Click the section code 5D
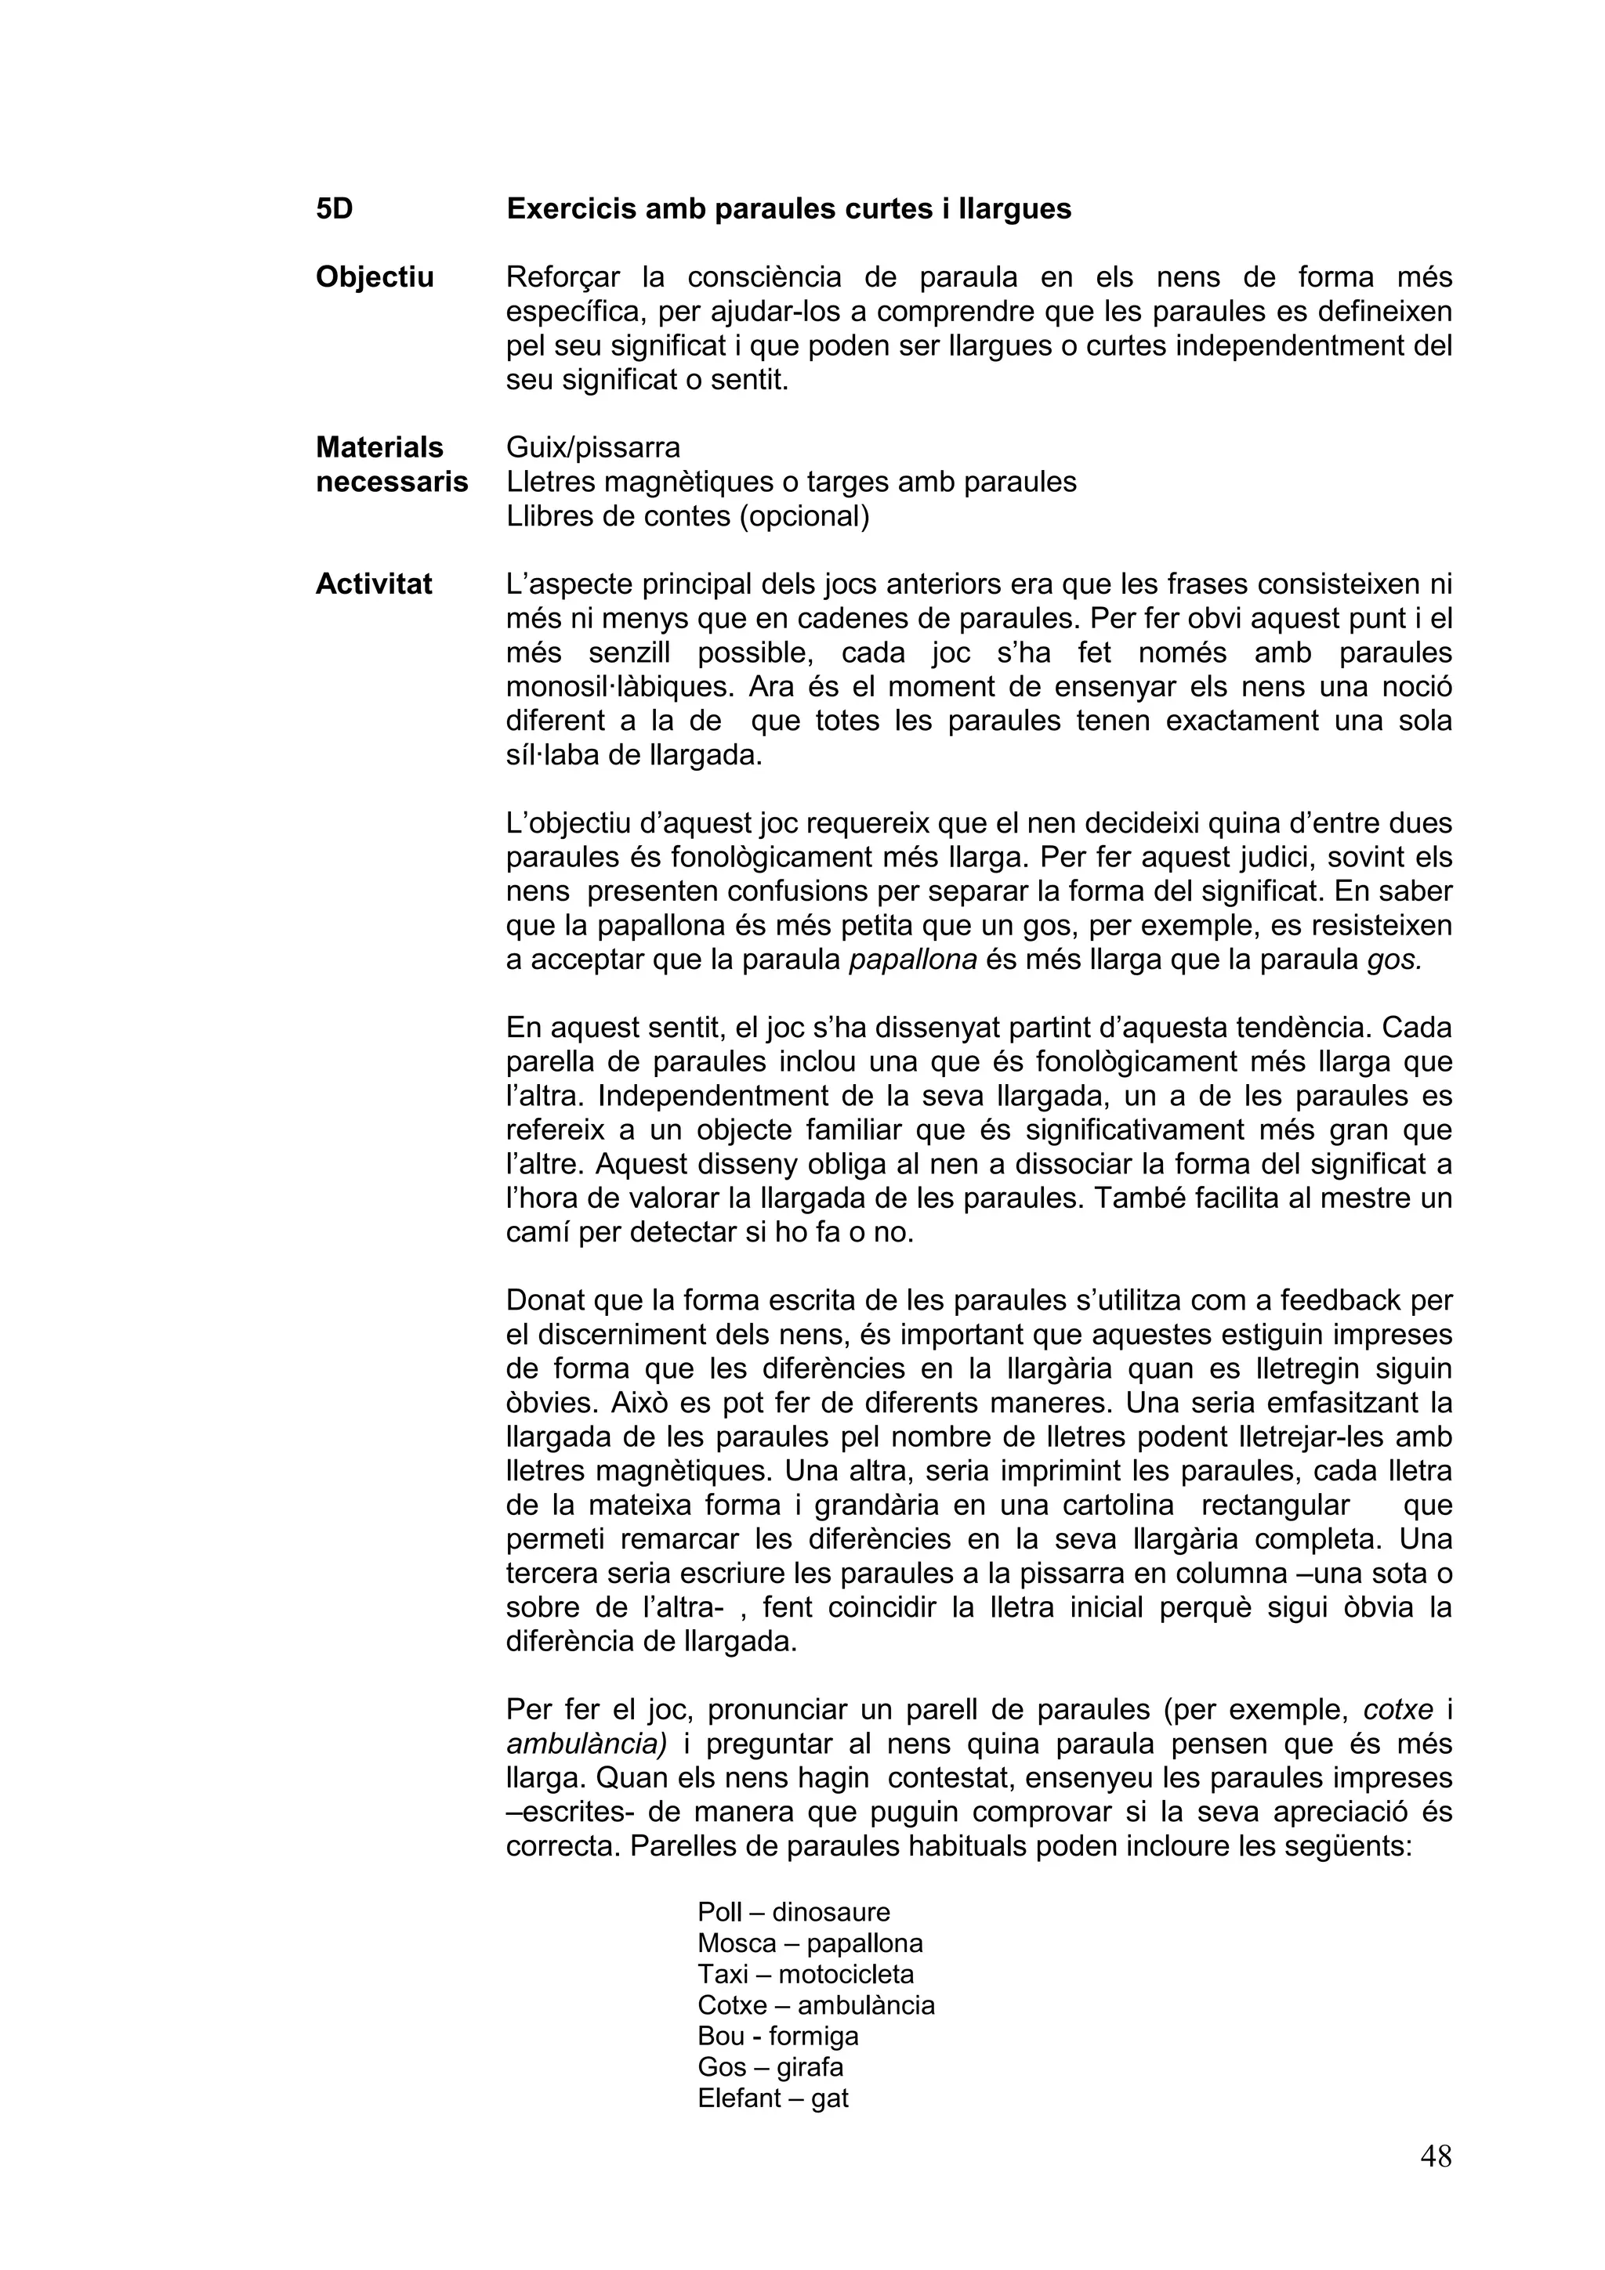[335, 210]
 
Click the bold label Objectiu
[374, 278]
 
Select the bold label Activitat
[373, 584]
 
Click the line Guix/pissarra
[592, 448]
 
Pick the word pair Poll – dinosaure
[793, 1912]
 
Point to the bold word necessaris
[392, 483]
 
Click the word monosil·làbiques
[619, 687]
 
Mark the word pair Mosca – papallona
[809, 1943]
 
